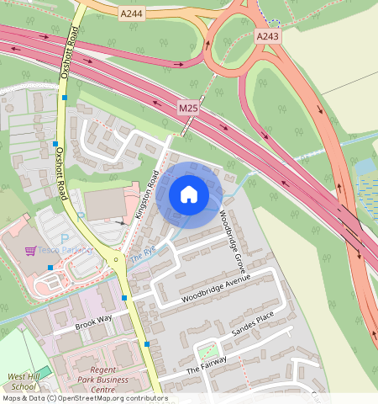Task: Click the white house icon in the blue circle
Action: [x=189, y=194]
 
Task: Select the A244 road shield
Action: [x=132, y=13]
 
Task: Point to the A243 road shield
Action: [x=267, y=36]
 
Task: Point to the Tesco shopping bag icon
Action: [x=31, y=250]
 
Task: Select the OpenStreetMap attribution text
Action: [x=84, y=398]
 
